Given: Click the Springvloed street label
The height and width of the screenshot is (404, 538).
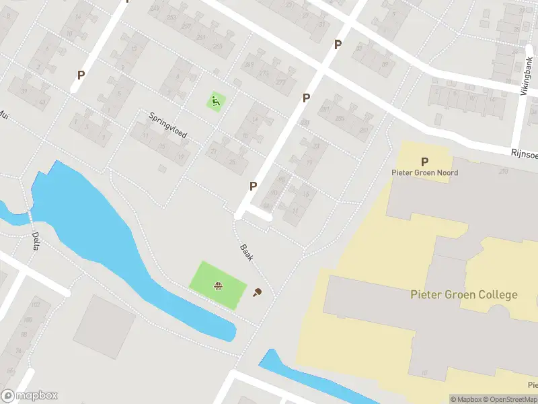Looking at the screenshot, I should click(168, 125).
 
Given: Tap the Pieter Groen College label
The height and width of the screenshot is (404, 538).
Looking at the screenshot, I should click(464, 294).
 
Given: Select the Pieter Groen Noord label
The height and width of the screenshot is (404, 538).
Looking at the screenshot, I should click(425, 173).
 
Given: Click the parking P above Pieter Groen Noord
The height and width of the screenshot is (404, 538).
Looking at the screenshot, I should click(424, 162).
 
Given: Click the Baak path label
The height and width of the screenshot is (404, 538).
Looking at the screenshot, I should click(246, 253).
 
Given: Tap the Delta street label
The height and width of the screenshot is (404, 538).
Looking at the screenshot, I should click(36, 241).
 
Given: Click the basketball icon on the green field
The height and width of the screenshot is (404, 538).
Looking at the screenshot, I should click(218, 286).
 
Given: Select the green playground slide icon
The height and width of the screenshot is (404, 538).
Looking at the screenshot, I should click(215, 102).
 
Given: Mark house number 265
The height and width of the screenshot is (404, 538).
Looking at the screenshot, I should click(217, 46).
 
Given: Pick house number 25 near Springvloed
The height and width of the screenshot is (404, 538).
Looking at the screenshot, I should click(233, 162).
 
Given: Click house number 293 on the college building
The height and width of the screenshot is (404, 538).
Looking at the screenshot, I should click(503, 172).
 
